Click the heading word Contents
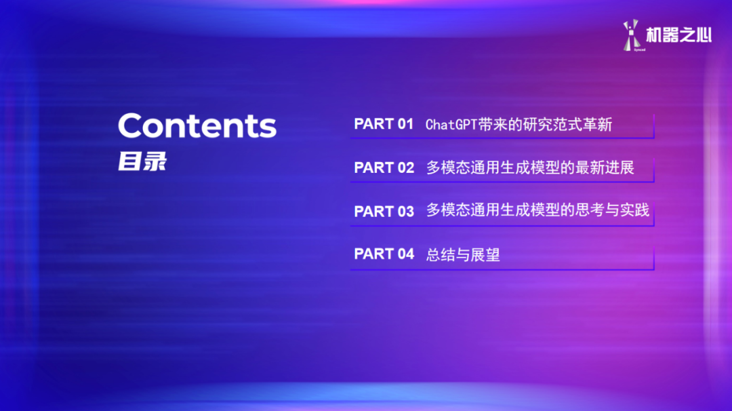[x=197, y=126]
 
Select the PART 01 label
[x=384, y=124]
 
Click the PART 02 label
[x=384, y=168]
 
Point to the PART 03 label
[x=384, y=211]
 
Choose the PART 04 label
[x=384, y=254]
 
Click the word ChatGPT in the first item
[x=451, y=125]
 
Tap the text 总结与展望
[x=463, y=255]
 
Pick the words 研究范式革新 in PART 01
[x=567, y=125]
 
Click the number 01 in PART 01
[x=405, y=124]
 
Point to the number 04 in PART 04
[x=405, y=254]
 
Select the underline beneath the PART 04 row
[x=502, y=269]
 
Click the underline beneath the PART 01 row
[x=502, y=138]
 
